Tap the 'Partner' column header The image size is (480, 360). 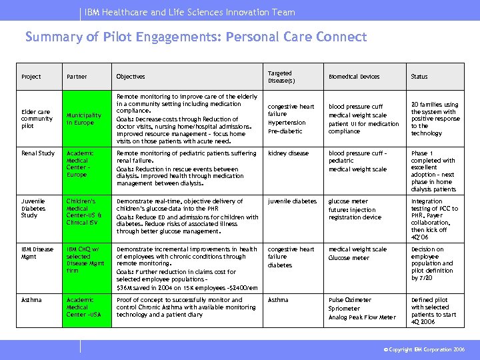pyautogui.click(x=77, y=77)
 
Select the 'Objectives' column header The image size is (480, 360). pyautogui.click(x=130, y=77)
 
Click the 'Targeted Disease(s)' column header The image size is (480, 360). pyautogui.click(x=280, y=77)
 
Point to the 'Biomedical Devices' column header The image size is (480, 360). pyautogui.click(x=354, y=77)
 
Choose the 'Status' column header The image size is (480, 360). pyautogui.click(x=419, y=77)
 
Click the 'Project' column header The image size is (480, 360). pyautogui.click(x=31, y=77)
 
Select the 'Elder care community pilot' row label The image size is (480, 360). pyautogui.click(x=37, y=119)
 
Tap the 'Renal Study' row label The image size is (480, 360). pyautogui.click(x=38, y=153)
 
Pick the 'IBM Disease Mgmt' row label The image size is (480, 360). pyautogui.click(x=37, y=253)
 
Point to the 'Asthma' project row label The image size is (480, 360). pyautogui.click(x=31, y=300)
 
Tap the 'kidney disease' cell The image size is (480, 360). pyautogui.click(x=288, y=153)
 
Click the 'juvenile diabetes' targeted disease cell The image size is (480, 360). pyautogui.click(x=292, y=201)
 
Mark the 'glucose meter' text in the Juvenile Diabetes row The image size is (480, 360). pyautogui.click(x=348, y=201)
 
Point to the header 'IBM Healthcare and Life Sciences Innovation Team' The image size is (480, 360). pyautogui.click(x=190, y=12)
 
